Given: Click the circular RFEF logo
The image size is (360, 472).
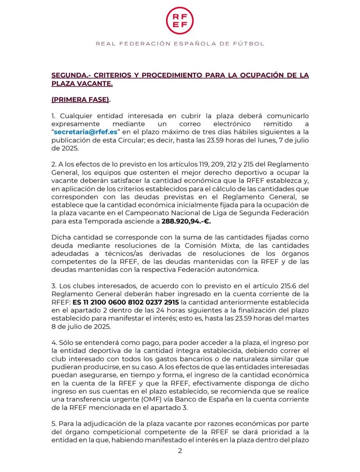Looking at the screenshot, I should (x=180, y=20).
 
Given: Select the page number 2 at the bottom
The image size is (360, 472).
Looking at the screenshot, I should (x=180, y=451).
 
